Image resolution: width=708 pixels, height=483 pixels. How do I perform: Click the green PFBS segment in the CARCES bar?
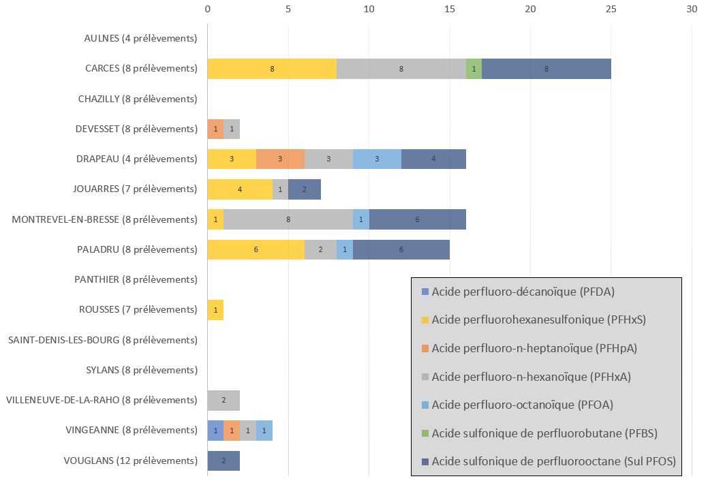(x=474, y=69)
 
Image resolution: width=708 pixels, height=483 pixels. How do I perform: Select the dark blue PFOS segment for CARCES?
(x=546, y=69)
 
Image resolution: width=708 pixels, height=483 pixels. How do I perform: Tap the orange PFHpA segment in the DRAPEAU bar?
(x=280, y=159)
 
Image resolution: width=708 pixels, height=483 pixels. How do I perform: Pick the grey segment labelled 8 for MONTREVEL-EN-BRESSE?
(x=288, y=219)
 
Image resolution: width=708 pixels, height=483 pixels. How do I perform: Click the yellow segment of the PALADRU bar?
(x=256, y=249)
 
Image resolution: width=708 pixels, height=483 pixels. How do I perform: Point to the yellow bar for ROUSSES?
(x=215, y=310)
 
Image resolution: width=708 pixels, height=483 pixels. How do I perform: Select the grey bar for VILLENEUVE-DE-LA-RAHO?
(x=224, y=400)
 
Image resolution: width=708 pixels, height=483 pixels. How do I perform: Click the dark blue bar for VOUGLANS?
(x=224, y=461)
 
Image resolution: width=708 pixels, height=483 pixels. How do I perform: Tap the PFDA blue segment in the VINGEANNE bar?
(x=215, y=431)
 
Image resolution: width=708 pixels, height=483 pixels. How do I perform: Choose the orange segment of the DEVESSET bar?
(x=215, y=129)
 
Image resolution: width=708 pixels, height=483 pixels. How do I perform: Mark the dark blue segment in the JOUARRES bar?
(x=305, y=189)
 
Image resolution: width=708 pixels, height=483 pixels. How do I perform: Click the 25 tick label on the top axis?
(x=611, y=10)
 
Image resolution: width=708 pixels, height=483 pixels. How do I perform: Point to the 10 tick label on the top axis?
(x=369, y=10)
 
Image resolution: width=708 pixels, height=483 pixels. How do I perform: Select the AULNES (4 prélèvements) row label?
(x=140, y=38)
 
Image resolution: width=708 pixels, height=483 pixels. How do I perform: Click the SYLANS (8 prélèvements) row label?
(x=142, y=370)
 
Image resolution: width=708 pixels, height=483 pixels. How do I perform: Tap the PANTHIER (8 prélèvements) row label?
(x=136, y=279)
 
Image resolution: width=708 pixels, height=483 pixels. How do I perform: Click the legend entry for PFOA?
(x=522, y=405)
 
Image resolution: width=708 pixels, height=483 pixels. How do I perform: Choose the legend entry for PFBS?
(x=544, y=433)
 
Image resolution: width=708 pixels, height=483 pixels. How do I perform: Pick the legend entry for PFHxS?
(x=538, y=320)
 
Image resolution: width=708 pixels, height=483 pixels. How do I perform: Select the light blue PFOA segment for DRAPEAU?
(x=377, y=159)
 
